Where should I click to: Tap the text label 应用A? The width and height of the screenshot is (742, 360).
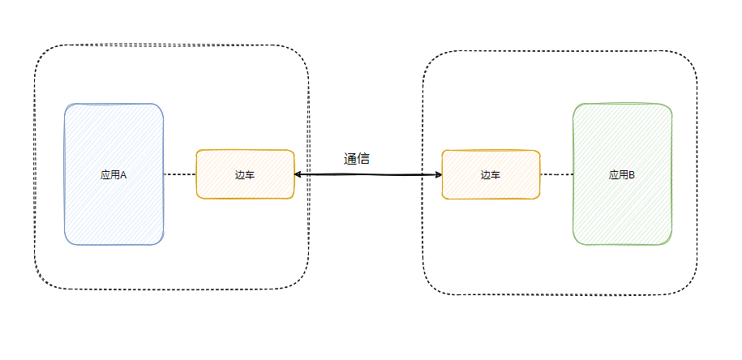coord(114,174)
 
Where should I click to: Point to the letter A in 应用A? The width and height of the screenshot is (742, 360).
coord(124,174)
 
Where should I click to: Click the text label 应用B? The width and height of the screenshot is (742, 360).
coord(622,174)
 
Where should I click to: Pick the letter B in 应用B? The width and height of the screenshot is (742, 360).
coord(632,174)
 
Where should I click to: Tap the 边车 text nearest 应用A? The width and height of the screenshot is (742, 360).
coord(245,174)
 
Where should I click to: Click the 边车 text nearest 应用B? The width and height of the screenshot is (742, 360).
coord(491,174)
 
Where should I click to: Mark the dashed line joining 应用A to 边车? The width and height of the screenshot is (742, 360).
coord(180,174)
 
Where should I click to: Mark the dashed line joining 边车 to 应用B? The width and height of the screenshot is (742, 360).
coord(556,174)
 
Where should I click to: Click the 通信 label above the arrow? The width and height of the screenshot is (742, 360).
coord(357,159)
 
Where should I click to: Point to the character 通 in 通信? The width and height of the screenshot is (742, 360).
coord(350,159)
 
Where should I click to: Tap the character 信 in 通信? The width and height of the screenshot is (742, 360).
coord(363,159)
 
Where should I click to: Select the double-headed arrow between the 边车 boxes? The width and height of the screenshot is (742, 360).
coord(368,174)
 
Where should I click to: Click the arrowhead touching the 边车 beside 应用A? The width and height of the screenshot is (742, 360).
coord(298,174)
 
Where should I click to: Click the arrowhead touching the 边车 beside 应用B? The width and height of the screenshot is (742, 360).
coord(438,174)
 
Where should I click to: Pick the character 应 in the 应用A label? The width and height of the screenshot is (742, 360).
coord(105,174)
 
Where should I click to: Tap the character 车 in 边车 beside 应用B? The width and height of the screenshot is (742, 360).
coord(495,174)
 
